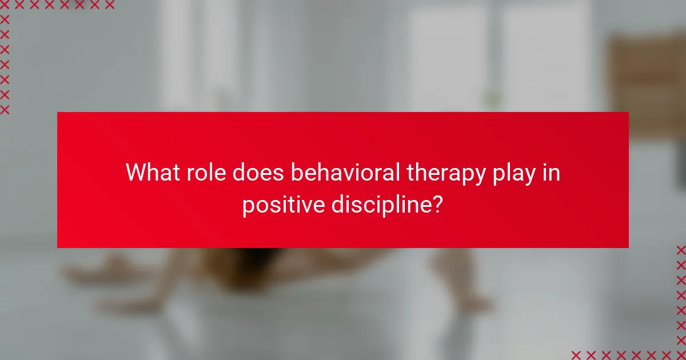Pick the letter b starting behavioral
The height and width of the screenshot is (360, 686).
coord(296,172)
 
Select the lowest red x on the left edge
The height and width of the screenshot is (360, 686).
coord(5,110)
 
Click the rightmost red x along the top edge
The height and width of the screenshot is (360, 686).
coord(110,5)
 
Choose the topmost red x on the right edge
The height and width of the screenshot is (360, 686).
coord(680,250)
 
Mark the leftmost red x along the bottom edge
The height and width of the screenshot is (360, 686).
coord(576,354)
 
